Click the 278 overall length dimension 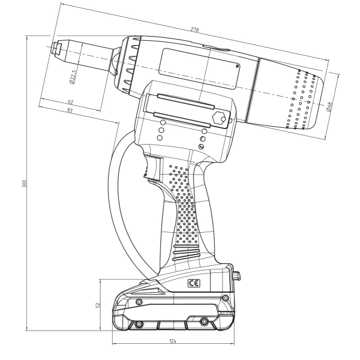click(194, 29)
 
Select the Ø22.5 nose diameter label click(73, 76)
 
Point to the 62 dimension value click(70, 101)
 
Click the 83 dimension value click(70, 110)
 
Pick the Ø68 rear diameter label click(329, 107)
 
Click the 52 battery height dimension click(98, 305)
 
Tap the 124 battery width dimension click(173, 341)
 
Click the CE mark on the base click(194, 284)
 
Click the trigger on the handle click(152, 167)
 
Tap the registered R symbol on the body click(238, 67)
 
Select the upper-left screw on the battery click(139, 301)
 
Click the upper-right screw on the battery click(226, 298)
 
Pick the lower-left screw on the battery click(139, 324)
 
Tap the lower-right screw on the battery click(203, 321)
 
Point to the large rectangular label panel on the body click(199, 68)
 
